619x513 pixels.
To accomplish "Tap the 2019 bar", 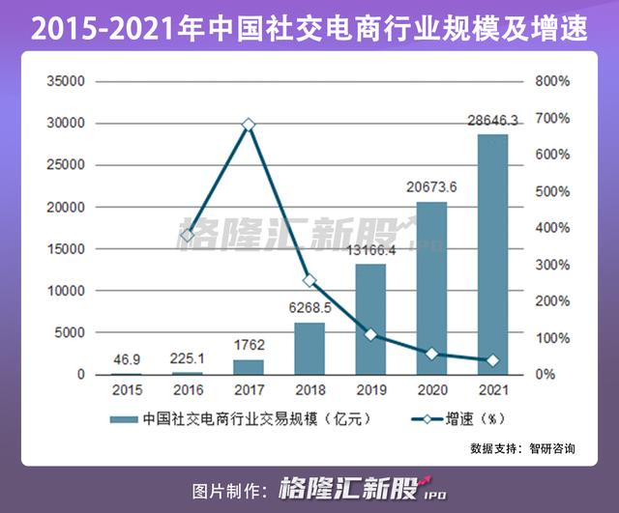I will click(x=370, y=319).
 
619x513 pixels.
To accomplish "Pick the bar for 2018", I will click(x=309, y=348).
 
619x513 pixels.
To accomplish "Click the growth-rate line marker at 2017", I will click(x=249, y=125).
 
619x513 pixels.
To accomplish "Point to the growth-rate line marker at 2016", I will click(x=188, y=235).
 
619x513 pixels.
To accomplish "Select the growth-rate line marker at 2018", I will click(x=309, y=280).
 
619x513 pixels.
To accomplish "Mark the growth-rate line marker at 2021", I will click(x=492, y=360).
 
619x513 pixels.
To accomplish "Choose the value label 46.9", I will click(x=127, y=359).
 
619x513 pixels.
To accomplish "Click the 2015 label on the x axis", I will click(x=127, y=391).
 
